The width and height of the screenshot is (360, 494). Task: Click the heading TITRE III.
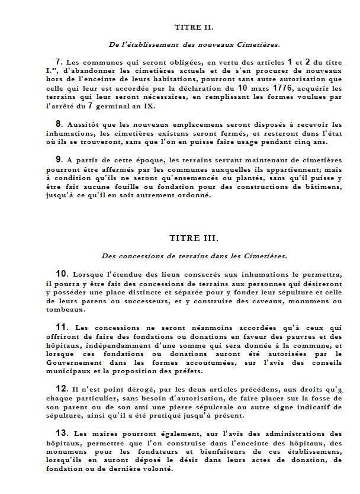194,239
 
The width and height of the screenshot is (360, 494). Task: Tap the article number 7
59,62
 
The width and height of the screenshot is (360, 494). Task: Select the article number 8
59,124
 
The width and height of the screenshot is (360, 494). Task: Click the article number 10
62,274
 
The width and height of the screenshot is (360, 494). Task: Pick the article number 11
62,326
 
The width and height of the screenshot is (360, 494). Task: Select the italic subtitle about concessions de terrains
194,256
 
